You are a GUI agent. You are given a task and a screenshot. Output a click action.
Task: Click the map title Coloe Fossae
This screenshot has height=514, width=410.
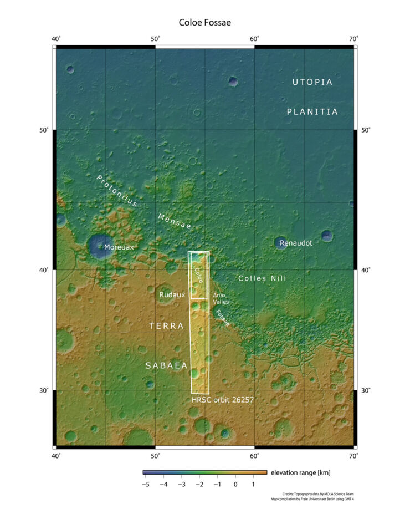point(204,23)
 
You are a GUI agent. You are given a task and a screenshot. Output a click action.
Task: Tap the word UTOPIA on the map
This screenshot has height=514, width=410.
point(312,82)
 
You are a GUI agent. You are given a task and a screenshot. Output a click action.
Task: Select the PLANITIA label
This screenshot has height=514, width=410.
point(312,111)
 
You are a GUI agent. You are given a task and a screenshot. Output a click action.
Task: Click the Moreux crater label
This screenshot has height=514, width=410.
point(119,247)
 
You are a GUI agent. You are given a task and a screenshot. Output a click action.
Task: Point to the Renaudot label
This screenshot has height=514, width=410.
point(296,243)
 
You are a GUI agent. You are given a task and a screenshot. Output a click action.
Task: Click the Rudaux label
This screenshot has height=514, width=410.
point(172,295)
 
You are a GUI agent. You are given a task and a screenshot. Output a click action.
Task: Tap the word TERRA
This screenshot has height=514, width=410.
point(166,326)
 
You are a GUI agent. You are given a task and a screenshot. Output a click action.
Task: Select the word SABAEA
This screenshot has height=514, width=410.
point(166,365)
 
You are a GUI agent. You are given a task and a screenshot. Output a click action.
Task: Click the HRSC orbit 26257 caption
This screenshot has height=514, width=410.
point(223,399)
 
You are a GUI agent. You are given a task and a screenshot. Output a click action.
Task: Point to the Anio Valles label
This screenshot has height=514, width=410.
point(221,298)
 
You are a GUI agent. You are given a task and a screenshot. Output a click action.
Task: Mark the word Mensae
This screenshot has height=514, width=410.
point(174,221)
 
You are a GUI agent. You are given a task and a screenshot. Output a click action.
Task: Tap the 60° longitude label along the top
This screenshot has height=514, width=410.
point(254,38)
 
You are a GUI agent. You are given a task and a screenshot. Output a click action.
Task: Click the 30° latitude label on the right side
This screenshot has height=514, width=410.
point(366,390)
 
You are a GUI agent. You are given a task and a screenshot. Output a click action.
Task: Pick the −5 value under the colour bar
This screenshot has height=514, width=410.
point(145,484)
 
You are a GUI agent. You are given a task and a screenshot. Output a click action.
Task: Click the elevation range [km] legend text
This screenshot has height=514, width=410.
point(299,472)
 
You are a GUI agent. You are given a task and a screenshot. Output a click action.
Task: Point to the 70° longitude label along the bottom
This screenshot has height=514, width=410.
point(353,456)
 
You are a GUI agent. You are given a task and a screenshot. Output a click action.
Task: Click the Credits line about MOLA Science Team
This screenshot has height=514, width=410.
point(317,492)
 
